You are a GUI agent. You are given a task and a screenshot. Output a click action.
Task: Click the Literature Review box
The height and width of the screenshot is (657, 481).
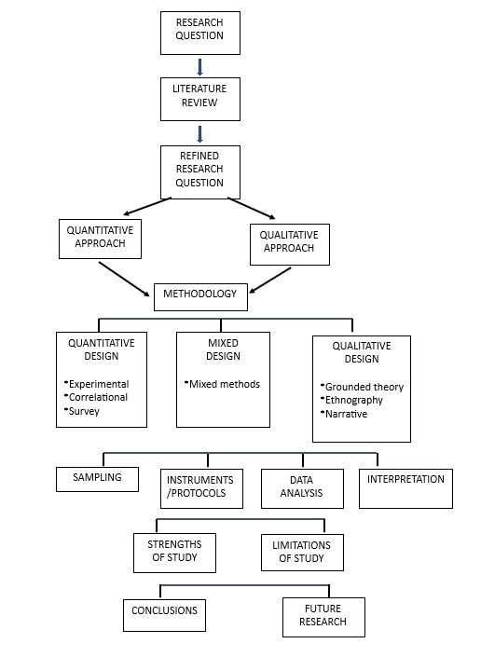click(200, 100)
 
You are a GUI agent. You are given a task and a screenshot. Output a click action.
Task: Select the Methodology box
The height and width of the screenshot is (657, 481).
click(200, 297)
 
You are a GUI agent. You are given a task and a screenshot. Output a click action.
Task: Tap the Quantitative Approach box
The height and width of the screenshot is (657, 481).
click(100, 239)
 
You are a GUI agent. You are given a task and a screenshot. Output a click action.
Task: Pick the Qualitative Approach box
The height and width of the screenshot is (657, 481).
click(290, 244)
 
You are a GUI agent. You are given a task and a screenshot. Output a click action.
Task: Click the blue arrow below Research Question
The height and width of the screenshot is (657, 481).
click(199, 67)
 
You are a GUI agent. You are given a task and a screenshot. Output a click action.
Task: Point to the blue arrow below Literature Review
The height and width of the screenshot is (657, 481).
click(199, 134)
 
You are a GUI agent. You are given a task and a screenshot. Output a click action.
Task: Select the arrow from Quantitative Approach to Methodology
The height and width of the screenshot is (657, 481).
click(124, 279)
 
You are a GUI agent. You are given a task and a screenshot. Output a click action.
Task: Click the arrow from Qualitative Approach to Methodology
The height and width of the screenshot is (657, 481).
click(270, 281)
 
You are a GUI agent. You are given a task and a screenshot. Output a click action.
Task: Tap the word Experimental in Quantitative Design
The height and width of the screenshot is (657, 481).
click(99, 384)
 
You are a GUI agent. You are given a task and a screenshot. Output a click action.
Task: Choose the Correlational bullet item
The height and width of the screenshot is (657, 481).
click(96, 397)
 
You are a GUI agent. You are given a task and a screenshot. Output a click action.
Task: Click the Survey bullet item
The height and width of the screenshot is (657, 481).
click(82, 411)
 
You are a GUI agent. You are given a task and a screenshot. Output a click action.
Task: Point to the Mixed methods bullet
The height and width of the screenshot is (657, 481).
click(222, 384)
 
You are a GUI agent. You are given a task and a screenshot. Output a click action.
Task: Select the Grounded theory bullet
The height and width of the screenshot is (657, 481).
click(362, 387)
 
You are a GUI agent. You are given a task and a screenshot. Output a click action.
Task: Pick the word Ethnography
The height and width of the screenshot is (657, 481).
click(354, 400)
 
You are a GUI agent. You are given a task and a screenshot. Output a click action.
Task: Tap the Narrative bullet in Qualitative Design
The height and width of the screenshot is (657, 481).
click(344, 414)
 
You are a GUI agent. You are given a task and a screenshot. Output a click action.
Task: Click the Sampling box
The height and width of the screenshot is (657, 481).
click(97, 479)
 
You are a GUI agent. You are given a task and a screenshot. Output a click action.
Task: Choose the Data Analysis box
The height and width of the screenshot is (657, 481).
click(303, 488)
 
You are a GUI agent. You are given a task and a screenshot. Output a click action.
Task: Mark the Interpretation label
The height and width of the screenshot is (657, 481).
click(405, 479)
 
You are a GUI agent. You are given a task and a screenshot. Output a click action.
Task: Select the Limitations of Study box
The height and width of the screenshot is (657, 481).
click(303, 553)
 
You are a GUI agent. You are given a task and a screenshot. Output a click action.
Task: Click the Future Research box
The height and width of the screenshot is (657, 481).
click(323, 617)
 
